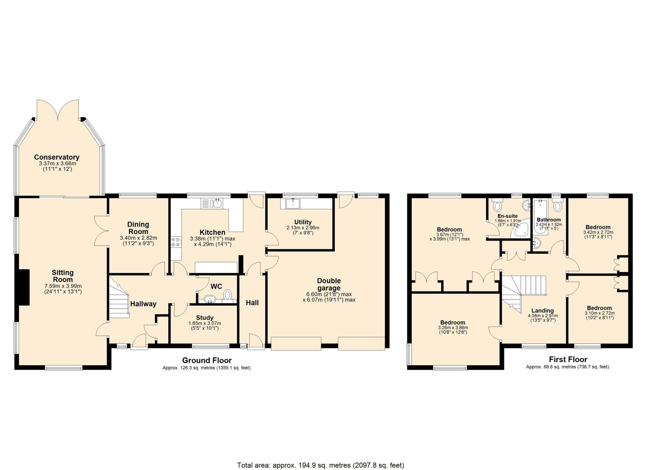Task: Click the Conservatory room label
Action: point(57,157)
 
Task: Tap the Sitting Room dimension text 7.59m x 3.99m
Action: point(63,286)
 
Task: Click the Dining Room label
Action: point(138,228)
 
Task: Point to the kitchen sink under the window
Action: point(211,203)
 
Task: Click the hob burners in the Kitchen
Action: point(176,242)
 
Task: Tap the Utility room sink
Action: point(293,204)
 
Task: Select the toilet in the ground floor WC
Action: point(227,295)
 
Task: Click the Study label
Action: point(205,318)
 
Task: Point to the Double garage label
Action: point(329,284)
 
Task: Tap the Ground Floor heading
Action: point(207,360)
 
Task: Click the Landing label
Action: point(542,311)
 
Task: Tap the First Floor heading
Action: point(568,359)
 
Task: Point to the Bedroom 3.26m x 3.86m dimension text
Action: point(453,328)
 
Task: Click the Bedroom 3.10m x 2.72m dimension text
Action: point(600,313)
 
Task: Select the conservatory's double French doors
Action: point(58,110)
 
